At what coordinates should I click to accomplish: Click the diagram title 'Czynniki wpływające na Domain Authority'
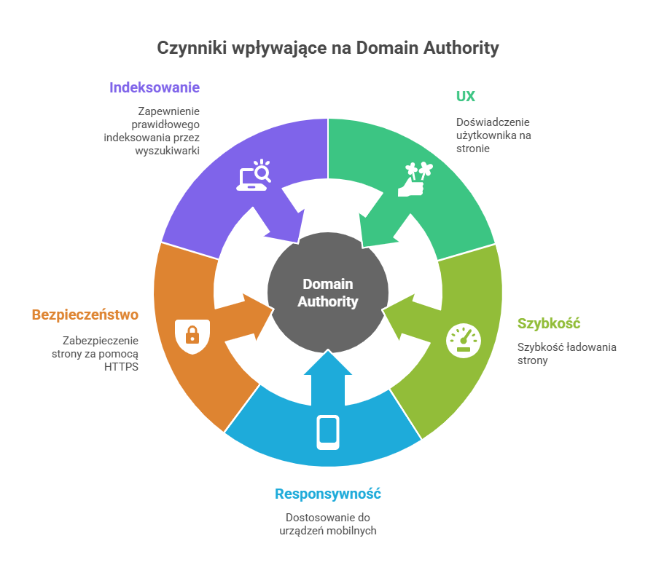tap(328, 48)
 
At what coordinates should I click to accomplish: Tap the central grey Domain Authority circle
tap(328, 292)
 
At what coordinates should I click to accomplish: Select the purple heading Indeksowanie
tap(155, 87)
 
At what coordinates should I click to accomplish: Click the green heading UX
tap(466, 97)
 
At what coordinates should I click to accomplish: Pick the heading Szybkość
tap(548, 323)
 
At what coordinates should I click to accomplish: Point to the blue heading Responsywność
tap(328, 494)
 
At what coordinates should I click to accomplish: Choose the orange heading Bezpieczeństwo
tap(85, 315)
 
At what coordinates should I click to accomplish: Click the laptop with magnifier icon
tap(254, 175)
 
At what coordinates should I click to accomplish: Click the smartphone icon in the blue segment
tap(328, 432)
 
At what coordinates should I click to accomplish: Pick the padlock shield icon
tap(192, 336)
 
